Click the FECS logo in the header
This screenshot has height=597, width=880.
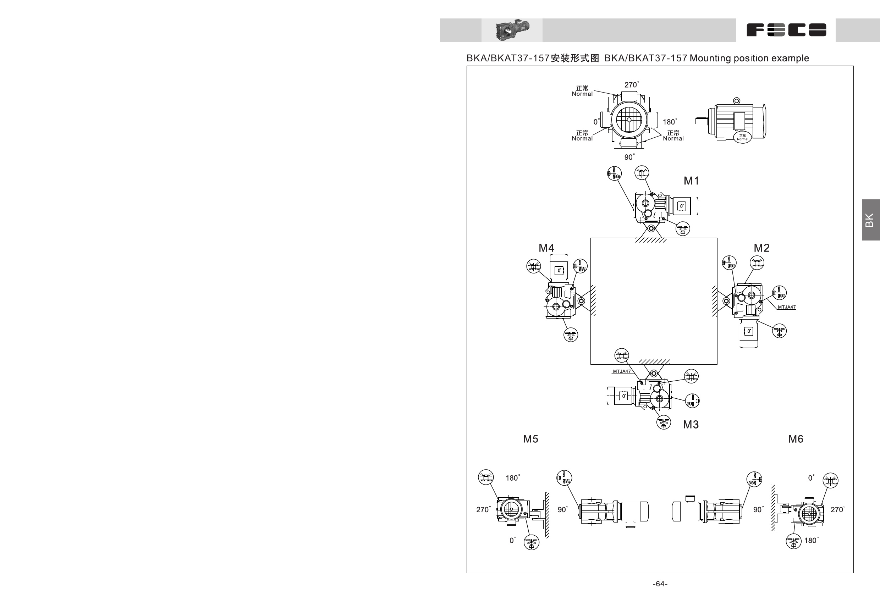(786, 30)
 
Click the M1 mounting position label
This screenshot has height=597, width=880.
(691, 181)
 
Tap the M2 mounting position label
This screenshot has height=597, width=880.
(761, 248)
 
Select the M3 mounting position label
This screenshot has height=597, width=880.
(691, 424)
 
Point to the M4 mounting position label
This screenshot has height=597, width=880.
(546, 248)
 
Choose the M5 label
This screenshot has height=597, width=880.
(530, 439)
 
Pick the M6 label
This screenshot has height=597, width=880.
(796, 439)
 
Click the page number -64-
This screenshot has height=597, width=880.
(660, 584)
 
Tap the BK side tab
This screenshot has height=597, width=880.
(870, 220)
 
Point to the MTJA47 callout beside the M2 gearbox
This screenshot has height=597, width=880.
(786, 307)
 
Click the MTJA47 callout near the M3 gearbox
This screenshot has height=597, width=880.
(622, 371)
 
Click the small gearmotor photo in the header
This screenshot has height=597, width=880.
(512, 30)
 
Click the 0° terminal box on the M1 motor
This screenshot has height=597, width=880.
(682, 206)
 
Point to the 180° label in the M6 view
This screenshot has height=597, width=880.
(811, 540)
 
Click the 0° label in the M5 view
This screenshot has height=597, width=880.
(512, 540)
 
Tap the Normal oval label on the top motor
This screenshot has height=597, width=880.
(742, 137)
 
